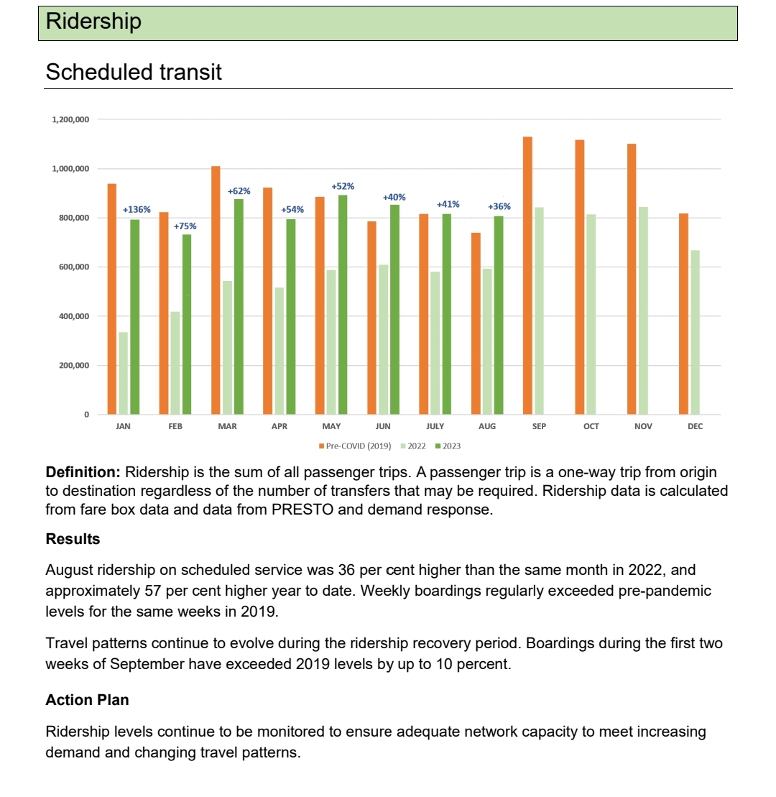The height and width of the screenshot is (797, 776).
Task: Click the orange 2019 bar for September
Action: tap(527, 276)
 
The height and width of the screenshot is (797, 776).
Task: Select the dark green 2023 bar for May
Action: tap(343, 305)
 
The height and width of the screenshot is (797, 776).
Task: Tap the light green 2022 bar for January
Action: tap(124, 373)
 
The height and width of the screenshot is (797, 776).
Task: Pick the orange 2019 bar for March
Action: tap(216, 290)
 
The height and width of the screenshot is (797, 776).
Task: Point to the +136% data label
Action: tap(137, 210)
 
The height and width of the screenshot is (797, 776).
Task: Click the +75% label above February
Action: tap(185, 226)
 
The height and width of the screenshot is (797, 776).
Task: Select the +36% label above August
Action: tap(499, 207)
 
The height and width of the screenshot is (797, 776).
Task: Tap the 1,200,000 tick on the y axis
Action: tap(70, 119)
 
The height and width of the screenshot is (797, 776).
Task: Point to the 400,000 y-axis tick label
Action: tap(73, 316)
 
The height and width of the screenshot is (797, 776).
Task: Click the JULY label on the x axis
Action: tap(435, 426)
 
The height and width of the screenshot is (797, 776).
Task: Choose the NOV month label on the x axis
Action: tap(643, 426)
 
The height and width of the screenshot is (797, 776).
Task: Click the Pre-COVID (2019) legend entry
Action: tap(355, 446)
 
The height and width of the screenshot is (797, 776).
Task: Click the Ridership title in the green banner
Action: tap(93, 22)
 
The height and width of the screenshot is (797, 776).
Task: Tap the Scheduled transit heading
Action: tap(134, 72)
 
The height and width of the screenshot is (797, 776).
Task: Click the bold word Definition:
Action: tap(83, 472)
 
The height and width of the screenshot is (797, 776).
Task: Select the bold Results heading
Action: tap(73, 538)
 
